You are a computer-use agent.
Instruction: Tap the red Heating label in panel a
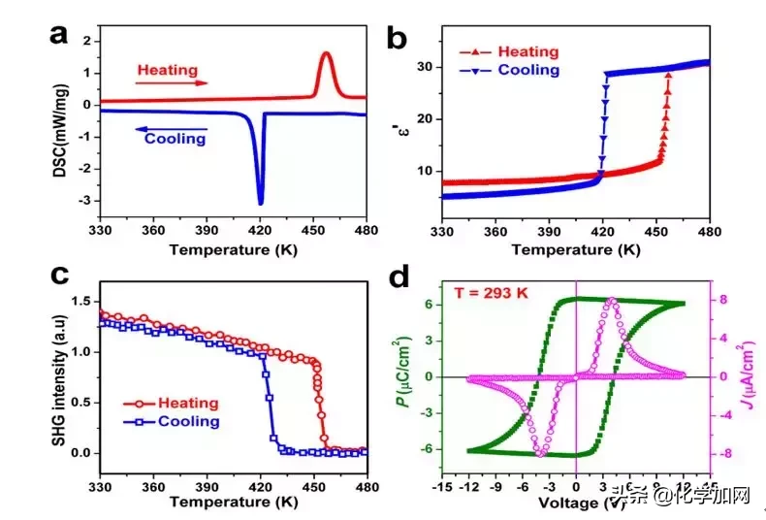[167, 70]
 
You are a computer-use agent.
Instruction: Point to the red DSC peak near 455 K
[326, 53]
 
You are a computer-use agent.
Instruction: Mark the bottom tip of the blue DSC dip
[260, 203]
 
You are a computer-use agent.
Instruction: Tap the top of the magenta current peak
[611, 301]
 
